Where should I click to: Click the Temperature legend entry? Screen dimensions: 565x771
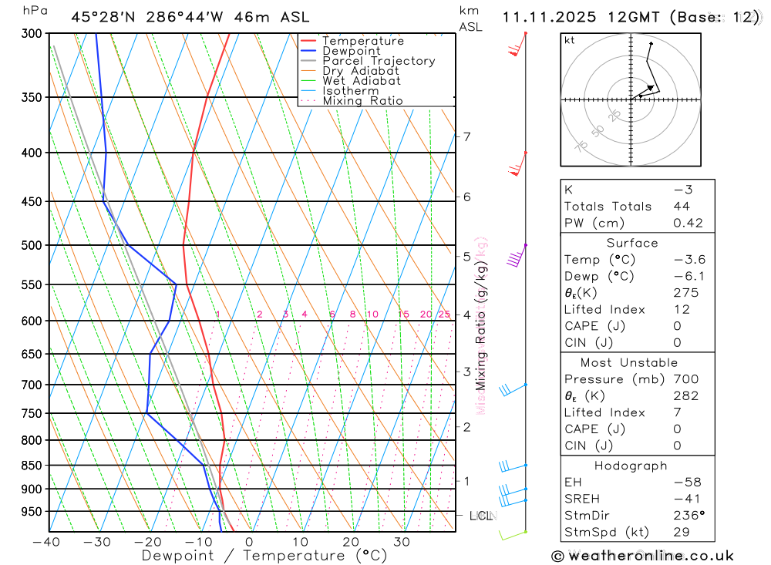coord(362,41)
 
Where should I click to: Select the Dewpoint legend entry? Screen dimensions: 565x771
coord(351,51)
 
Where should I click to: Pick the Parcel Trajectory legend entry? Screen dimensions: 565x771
coord(379,61)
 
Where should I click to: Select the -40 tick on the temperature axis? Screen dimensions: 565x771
coord(46,542)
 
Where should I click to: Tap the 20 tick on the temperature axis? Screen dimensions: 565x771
coord(351,542)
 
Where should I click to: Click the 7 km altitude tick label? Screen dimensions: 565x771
coord(467,137)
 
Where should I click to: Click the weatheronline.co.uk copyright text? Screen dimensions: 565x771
coord(642,556)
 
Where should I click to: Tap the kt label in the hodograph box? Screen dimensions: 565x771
coord(570,40)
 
